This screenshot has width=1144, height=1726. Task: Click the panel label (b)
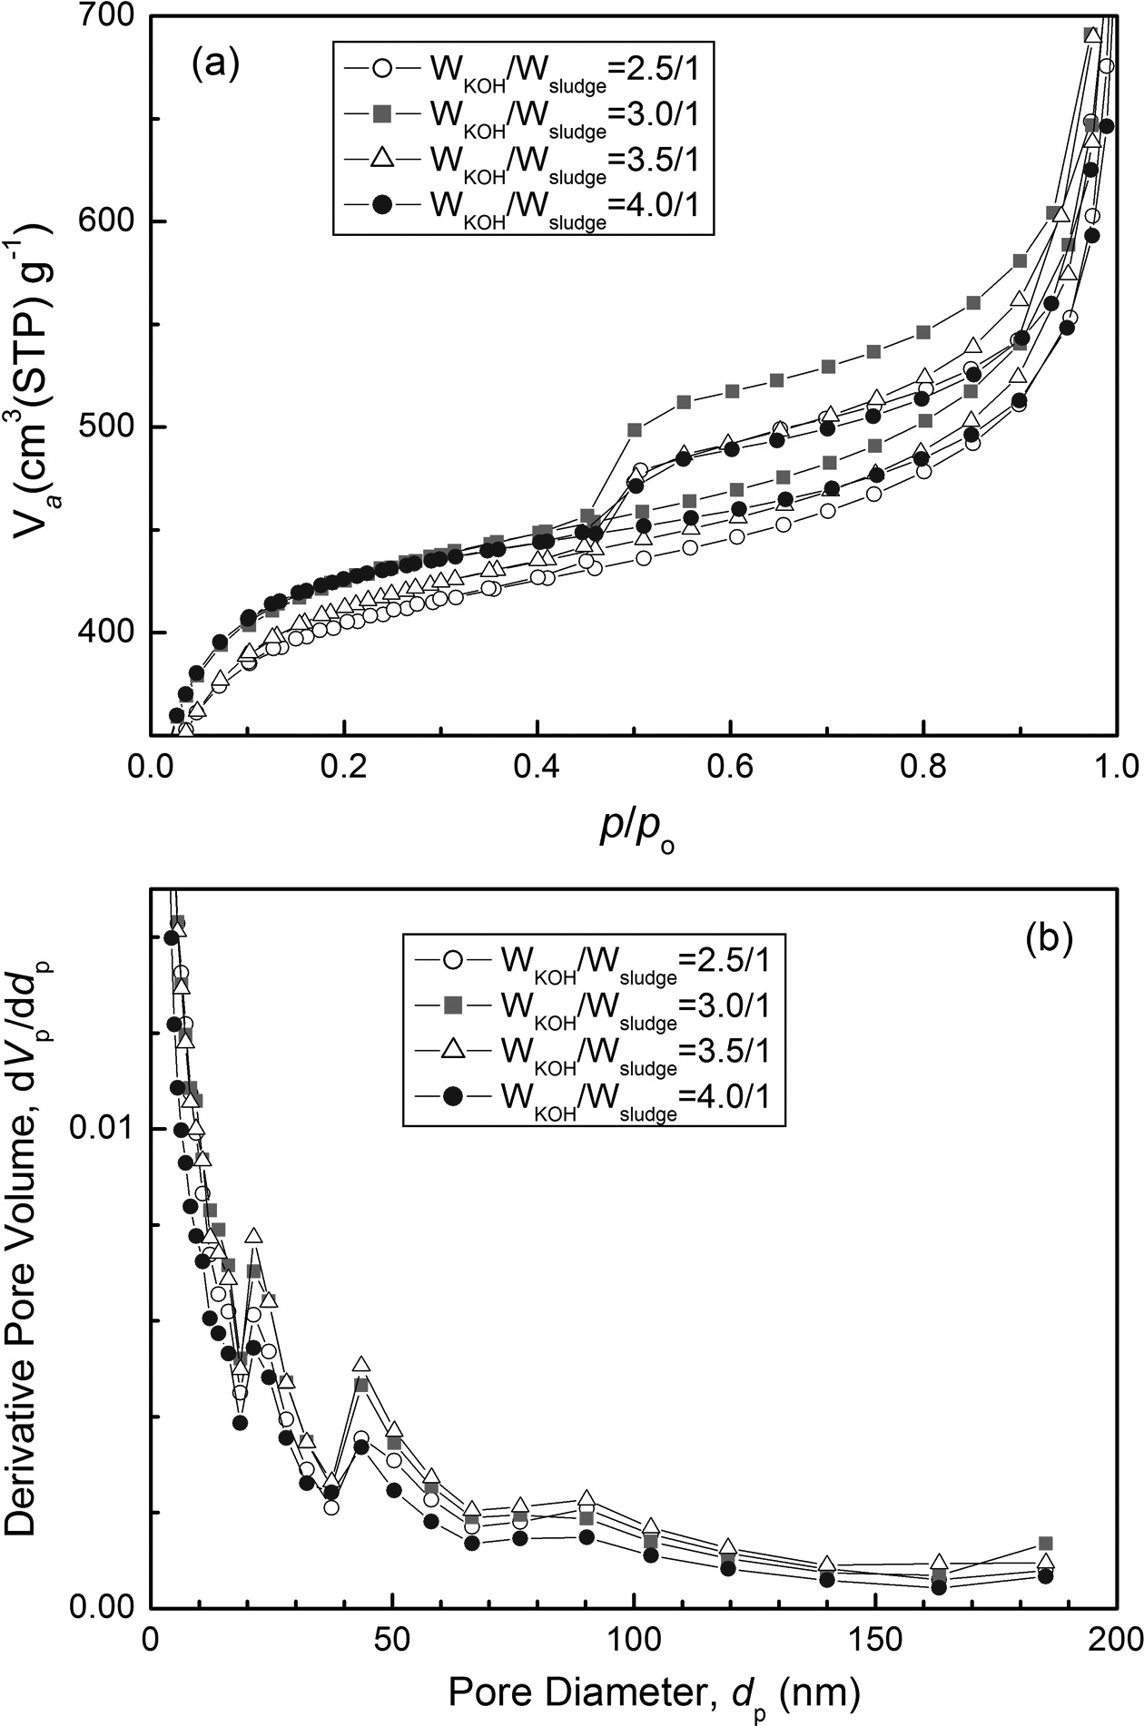click(x=1050, y=937)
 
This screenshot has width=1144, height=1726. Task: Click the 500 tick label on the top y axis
click(x=108, y=427)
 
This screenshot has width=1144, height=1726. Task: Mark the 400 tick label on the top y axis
click(x=108, y=633)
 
